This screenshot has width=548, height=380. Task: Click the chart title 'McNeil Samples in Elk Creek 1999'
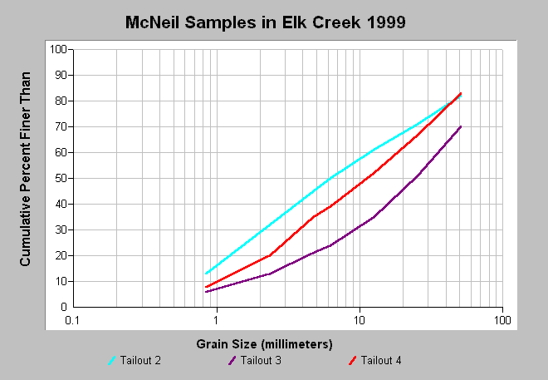[x=265, y=22]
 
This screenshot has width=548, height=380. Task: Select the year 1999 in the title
[x=386, y=22]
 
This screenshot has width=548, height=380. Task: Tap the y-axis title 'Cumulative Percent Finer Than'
[x=25, y=169]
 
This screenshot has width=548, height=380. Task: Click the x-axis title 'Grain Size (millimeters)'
[x=264, y=344]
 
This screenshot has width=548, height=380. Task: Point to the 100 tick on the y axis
[x=58, y=49]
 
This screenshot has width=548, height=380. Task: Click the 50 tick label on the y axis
[x=61, y=178]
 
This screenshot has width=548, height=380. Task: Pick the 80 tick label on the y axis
[x=61, y=101]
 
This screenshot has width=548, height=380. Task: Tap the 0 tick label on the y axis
[x=64, y=307]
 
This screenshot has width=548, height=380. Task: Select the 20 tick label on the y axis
[x=61, y=255]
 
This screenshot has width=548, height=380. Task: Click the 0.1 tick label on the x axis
[x=72, y=320]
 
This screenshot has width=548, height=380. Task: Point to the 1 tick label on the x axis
[x=217, y=320]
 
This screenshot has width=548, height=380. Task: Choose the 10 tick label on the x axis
[x=360, y=320]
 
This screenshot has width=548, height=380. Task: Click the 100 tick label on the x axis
[x=502, y=320]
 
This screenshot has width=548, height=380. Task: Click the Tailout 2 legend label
[x=140, y=360]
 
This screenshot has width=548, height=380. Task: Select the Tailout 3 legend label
[x=261, y=360]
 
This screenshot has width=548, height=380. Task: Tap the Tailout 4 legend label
[x=381, y=360]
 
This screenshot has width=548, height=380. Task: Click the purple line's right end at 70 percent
[x=461, y=126]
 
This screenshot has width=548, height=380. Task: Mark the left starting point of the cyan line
[x=206, y=274]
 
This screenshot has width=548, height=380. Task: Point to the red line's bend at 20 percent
[x=270, y=255]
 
